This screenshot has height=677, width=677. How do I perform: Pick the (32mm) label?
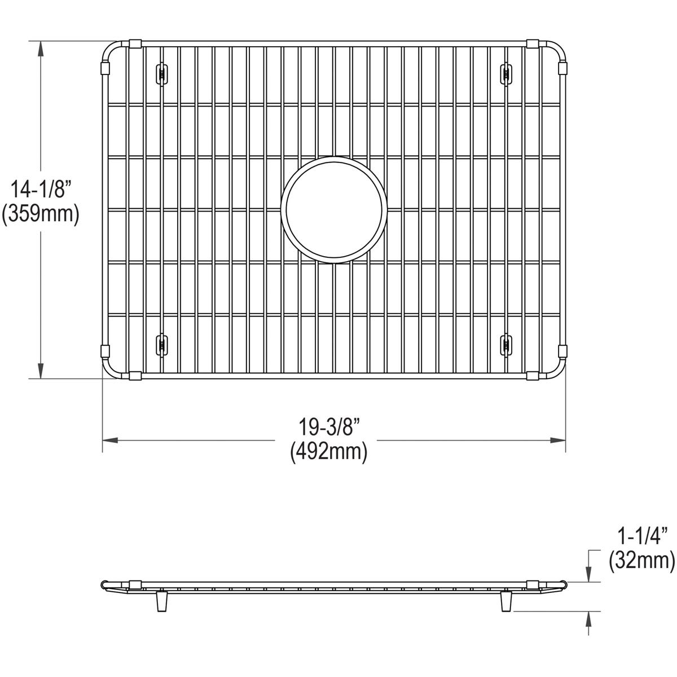[641, 560]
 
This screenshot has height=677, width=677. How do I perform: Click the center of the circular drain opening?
[335, 210]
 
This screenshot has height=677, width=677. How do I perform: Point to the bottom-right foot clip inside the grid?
[506, 342]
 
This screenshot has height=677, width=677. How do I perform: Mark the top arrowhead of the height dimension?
[41, 49]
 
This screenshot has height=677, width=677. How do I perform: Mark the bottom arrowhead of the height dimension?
[41, 371]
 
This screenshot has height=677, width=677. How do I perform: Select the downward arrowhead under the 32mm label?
[589, 575]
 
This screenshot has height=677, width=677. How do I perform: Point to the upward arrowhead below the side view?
[589, 618]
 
